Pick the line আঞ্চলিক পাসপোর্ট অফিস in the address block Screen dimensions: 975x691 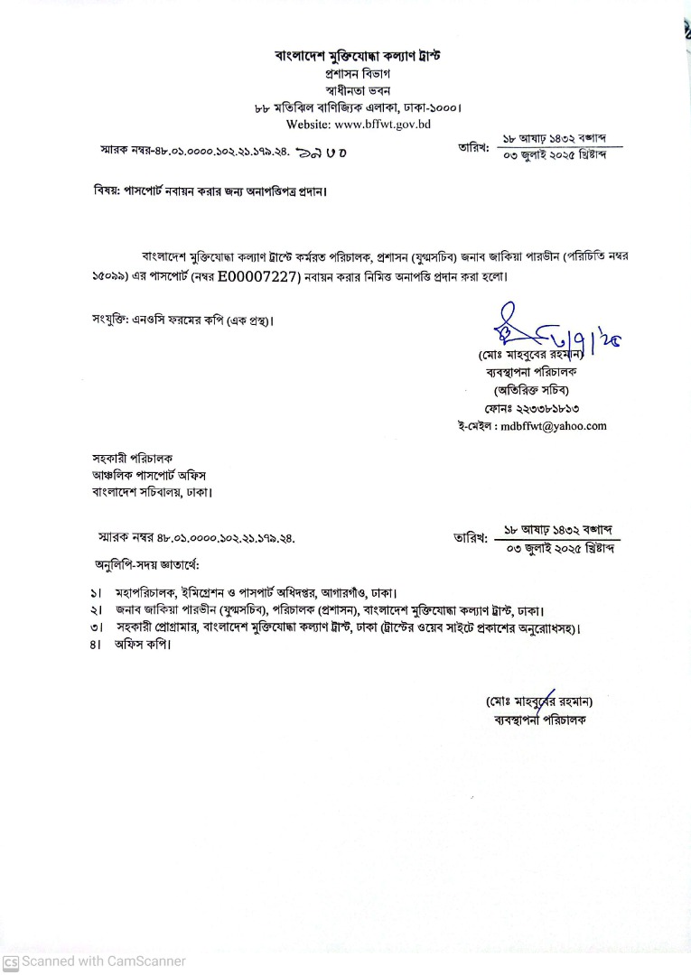pos(154,474)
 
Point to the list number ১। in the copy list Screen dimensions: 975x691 pos(95,593)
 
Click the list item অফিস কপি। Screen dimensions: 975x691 pos(143,645)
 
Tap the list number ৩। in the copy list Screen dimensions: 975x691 pos(95,628)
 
